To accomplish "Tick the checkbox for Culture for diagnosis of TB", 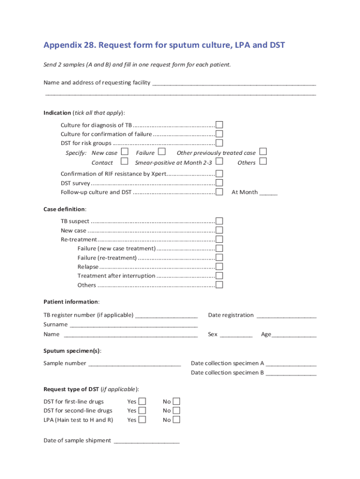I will point(219,125).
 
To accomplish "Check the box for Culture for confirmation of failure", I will point(219,134).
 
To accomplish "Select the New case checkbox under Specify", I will point(124,152).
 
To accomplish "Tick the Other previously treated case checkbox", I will point(263,152).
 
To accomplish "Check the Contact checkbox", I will point(124,162).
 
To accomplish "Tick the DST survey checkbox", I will point(219,183).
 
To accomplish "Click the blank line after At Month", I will point(268,192).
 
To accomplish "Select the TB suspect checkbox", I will point(219,221).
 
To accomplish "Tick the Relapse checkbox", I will point(219,267).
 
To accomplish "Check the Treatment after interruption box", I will point(219,276).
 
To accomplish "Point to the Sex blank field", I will point(236,334).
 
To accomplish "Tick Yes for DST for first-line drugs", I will point(142,401).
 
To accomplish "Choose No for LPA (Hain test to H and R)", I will point(176,420).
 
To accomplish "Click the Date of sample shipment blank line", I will point(146,441).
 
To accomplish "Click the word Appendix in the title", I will point(62,45).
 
